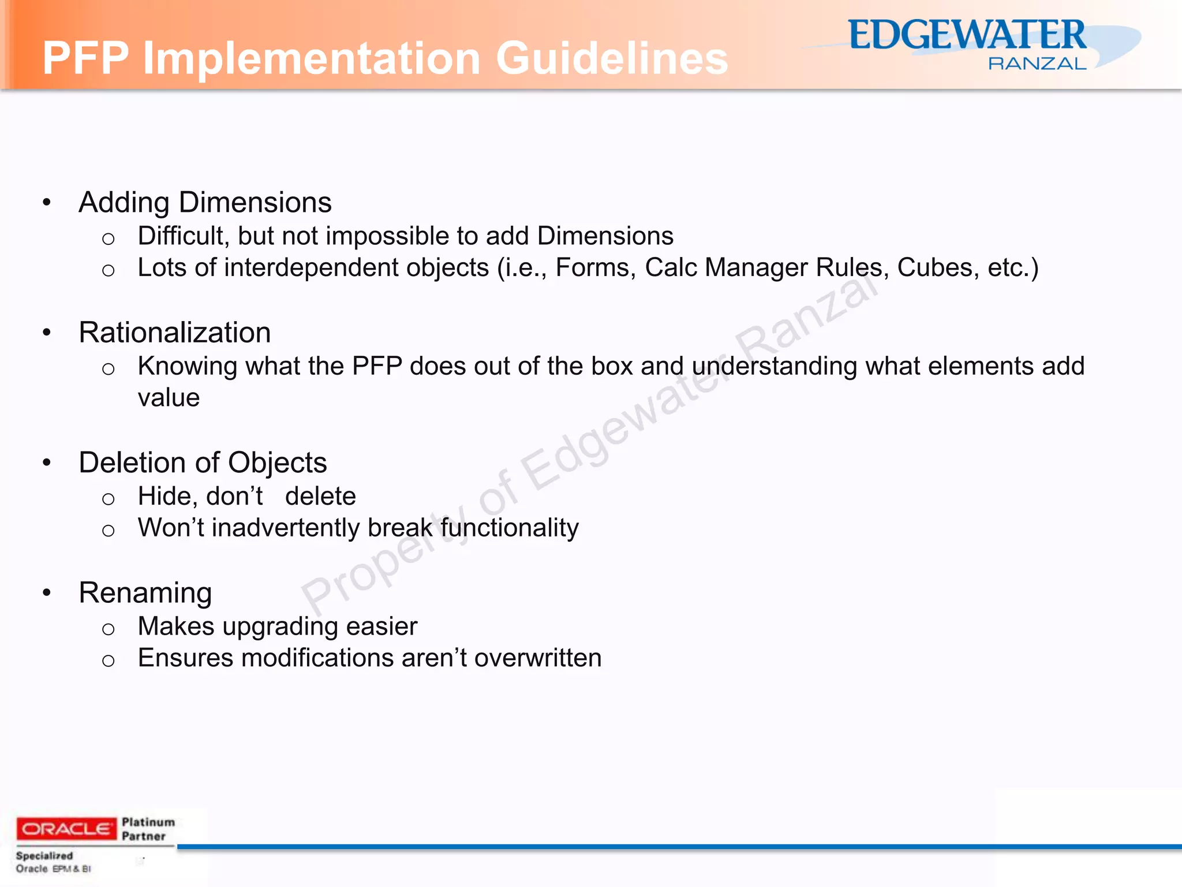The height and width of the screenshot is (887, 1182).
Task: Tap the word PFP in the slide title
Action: click(85, 58)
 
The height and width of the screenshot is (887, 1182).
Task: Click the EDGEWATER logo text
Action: click(967, 36)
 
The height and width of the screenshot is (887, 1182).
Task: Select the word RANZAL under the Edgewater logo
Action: click(1037, 64)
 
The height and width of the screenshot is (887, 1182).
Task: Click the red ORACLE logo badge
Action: click(66, 829)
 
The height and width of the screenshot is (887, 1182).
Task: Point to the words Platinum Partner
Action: click(148, 829)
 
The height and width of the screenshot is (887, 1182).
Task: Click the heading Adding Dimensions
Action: click(205, 203)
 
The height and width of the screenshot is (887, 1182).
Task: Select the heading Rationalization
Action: click(174, 333)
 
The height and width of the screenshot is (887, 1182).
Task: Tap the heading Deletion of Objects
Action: click(203, 463)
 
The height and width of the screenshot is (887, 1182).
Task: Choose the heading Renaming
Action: click(145, 593)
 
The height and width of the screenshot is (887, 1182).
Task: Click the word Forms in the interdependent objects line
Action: click(595, 268)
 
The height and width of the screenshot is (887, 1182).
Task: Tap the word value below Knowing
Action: click(169, 398)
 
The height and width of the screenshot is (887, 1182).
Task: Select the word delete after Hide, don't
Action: click(320, 497)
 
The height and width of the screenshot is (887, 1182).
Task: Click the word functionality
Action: click(509, 528)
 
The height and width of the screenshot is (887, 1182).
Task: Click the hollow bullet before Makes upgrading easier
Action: click(108, 629)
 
